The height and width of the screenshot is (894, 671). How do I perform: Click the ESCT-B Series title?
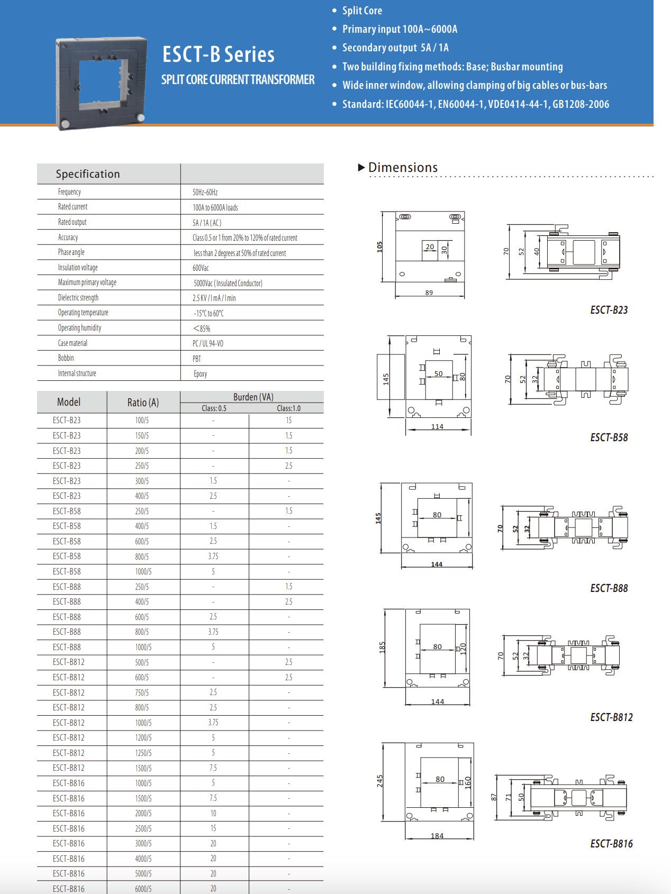click(218, 54)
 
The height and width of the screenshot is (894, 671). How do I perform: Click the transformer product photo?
click(101, 83)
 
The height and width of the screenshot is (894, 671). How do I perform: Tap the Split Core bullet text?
click(362, 11)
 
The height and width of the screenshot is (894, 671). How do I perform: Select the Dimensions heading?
click(403, 168)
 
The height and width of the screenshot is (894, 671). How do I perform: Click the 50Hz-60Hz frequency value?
click(205, 192)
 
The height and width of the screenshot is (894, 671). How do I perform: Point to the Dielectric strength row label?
click(78, 298)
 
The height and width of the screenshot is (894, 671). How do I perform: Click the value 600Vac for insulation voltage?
click(201, 268)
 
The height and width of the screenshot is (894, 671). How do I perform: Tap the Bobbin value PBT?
click(197, 359)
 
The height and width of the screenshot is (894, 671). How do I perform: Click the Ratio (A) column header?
click(143, 403)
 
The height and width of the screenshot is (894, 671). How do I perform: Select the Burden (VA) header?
click(253, 397)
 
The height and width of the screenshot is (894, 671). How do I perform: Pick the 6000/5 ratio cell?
click(143, 889)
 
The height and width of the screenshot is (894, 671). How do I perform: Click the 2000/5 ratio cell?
click(143, 814)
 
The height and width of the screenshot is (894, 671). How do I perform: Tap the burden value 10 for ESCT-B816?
click(213, 814)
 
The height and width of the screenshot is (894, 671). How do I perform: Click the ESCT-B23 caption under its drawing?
click(609, 310)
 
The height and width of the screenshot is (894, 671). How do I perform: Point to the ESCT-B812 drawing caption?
click(611, 717)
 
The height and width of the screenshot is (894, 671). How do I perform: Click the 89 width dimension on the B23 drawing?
click(429, 293)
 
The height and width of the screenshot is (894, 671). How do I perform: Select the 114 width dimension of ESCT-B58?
click(437, 427)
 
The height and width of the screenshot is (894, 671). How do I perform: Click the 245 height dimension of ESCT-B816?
click(380, 781)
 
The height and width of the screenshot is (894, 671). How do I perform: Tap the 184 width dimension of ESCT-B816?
click(437, 836)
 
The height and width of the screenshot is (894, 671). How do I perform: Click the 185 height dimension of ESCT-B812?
click(382, 647)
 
